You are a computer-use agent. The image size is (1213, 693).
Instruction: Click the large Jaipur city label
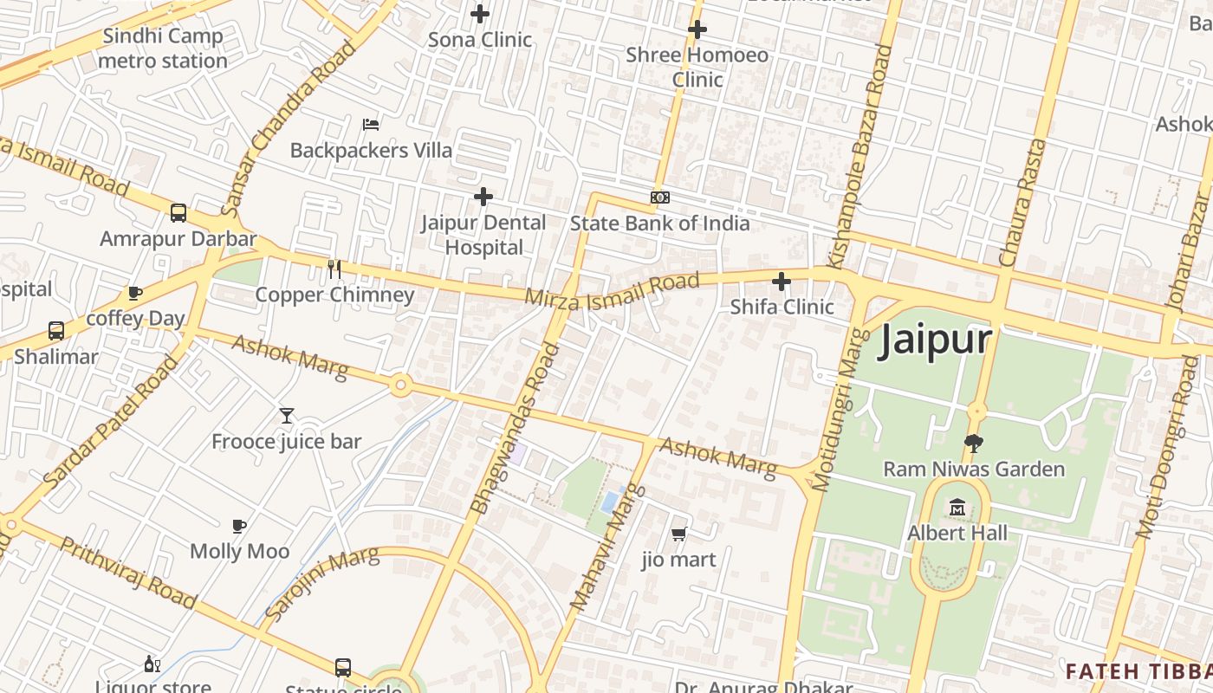tap(935, 339)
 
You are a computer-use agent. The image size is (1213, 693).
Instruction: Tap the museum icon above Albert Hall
tap(957, 507)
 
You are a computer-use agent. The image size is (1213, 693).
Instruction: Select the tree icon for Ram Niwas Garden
tap(974, 444)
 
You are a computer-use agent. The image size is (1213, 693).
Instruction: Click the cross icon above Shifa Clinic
tap(782, 282)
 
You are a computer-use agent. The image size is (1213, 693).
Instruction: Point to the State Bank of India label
tap(659, 223)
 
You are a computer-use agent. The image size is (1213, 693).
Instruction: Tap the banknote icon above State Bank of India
tap(660, 198)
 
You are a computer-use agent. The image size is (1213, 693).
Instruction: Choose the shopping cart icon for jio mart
tap(679, 534)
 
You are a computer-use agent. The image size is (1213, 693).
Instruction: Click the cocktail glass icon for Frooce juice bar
tap(287, 416)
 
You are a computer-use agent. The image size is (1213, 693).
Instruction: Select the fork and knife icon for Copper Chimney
tap(334, 269)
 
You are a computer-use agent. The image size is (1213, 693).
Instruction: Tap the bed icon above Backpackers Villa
tap(371, 125)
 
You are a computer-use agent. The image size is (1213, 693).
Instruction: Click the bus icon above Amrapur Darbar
tap(178, 213)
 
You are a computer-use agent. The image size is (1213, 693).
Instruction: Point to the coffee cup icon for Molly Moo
tap(239, 526)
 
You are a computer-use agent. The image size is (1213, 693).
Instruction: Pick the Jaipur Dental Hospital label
tap(483, 235)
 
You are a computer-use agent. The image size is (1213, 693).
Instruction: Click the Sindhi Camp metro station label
tap(162, 49)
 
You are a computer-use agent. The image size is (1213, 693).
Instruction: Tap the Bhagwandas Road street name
tap(514, 429)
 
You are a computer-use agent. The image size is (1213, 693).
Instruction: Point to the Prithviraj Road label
tap(128, 572)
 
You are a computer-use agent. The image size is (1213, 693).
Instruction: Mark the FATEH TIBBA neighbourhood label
tap(1138, 671)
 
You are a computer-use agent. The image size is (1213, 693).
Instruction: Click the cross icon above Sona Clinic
tap(480, 14)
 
